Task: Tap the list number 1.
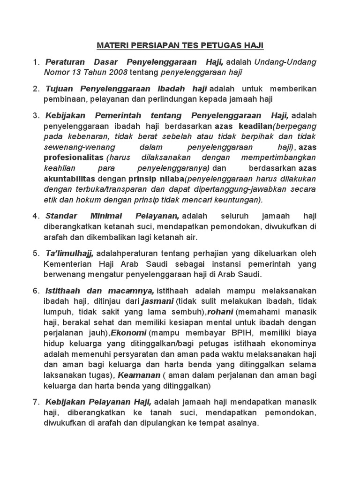coord(36,62)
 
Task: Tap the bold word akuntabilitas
coord(70,179)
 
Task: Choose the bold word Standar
coord(62,216)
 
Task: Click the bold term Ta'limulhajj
coord(70,253)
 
